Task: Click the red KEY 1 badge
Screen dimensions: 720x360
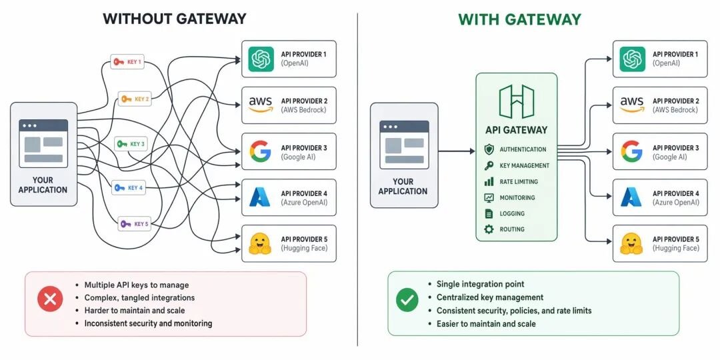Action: pos(127,61)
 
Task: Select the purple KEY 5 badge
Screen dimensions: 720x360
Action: pos(135,224)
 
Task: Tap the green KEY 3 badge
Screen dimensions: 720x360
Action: pos(131,144)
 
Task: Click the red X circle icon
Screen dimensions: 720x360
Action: pos(49,299)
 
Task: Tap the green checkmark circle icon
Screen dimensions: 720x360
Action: pos(407,300)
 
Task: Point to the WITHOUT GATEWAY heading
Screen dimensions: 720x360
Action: pos(175,19)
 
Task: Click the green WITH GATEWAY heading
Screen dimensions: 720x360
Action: pos(520,19)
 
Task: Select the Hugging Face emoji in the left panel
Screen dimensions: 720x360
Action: pos(260,243)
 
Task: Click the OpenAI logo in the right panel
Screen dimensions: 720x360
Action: pos(632,59)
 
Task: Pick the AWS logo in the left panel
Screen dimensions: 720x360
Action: pos(261,105)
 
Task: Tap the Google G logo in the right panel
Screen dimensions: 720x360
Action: pos(632,151)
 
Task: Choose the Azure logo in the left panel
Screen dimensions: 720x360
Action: pos(260,197)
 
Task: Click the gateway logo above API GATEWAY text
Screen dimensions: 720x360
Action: pos(516,101)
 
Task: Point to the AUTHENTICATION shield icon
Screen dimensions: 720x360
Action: pos(489,149)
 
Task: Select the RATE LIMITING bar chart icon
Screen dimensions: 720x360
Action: pos(489,181)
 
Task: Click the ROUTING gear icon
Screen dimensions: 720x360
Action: pos(489,229)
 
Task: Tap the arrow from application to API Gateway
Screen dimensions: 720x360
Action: pos(457,151)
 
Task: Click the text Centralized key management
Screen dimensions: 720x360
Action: pos(490,297)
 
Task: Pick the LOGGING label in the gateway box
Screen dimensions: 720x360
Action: pos(512,213)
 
